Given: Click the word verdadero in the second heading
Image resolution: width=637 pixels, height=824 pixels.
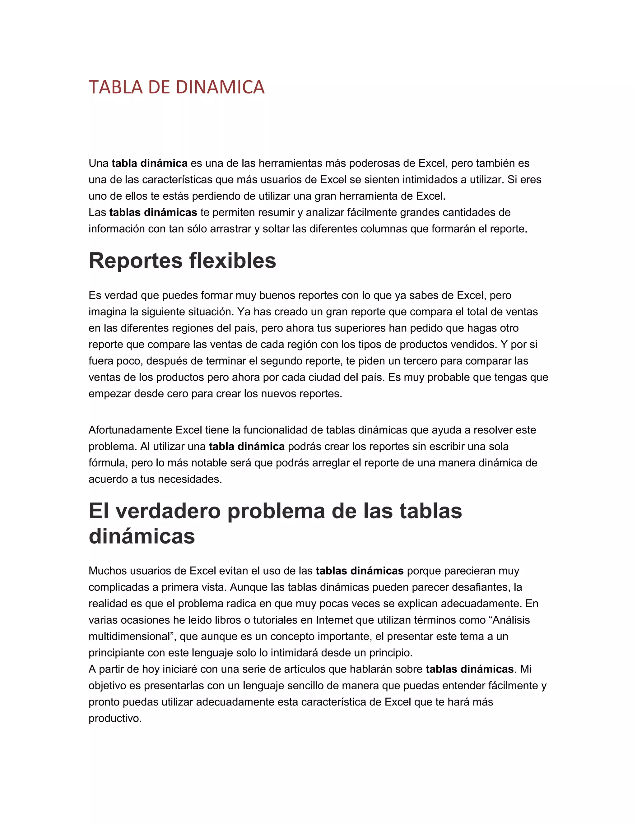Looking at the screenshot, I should (x=168, y=511).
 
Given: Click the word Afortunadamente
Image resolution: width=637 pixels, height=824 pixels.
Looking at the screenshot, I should (x=131, y=430).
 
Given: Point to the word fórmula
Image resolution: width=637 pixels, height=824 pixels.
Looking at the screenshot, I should (x=108, y=463).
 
